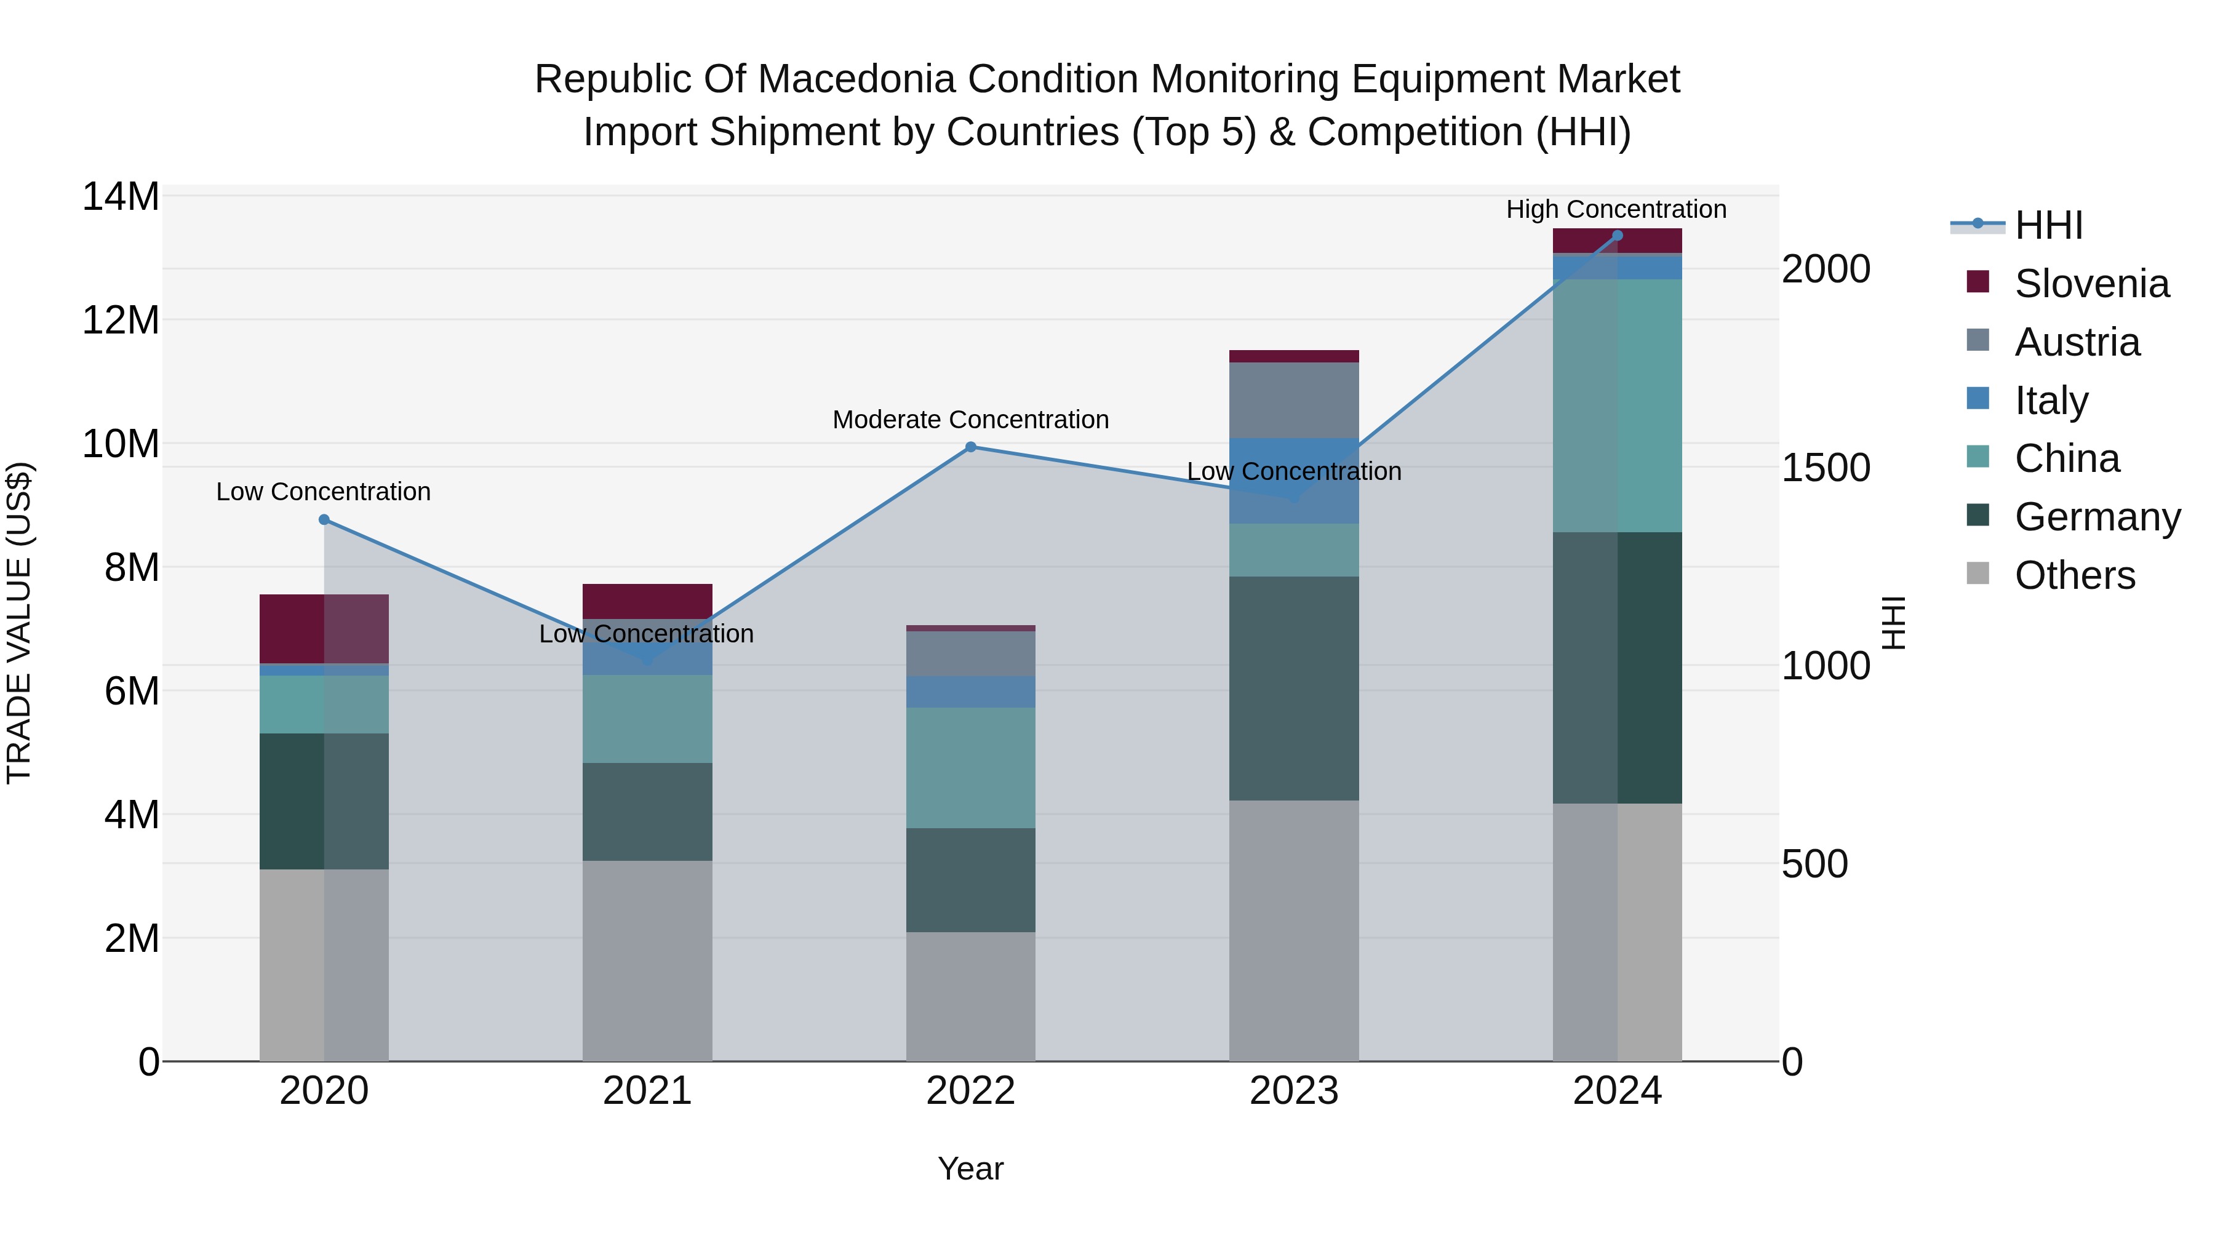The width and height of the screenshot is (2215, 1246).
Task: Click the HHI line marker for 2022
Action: [x=971, y=447]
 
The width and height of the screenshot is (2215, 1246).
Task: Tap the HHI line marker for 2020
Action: [x=324, y=519]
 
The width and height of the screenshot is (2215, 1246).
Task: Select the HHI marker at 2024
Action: [x=1618, y=236]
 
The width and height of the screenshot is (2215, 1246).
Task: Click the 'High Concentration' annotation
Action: [x=1616, y=209]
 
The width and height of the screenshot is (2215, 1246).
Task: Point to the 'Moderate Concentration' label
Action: [x=971, y=420]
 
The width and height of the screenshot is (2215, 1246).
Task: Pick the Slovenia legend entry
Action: [x=2090, y=284]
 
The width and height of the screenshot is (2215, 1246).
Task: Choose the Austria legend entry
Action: [x=2076, y=342]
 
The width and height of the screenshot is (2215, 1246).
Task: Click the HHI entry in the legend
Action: [x=2048, y=225]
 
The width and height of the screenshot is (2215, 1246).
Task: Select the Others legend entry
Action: [x=2074, y=575]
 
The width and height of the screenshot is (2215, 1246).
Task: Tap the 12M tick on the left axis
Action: [x=121, y=321]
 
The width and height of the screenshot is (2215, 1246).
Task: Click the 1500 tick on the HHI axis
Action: [x=1825, y=468]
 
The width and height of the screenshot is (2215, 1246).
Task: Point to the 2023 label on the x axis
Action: [x=1293, y=1091]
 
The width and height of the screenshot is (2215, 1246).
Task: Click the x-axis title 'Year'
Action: [x=971, y=1168]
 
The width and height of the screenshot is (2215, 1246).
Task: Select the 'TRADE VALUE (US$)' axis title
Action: [x=19, y=623]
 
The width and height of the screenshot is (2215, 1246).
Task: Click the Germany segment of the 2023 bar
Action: [x=1293, y=688]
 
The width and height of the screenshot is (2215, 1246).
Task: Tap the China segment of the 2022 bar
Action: [x=971, y=767]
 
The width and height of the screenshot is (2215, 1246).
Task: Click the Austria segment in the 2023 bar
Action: [x=1293, y=400]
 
